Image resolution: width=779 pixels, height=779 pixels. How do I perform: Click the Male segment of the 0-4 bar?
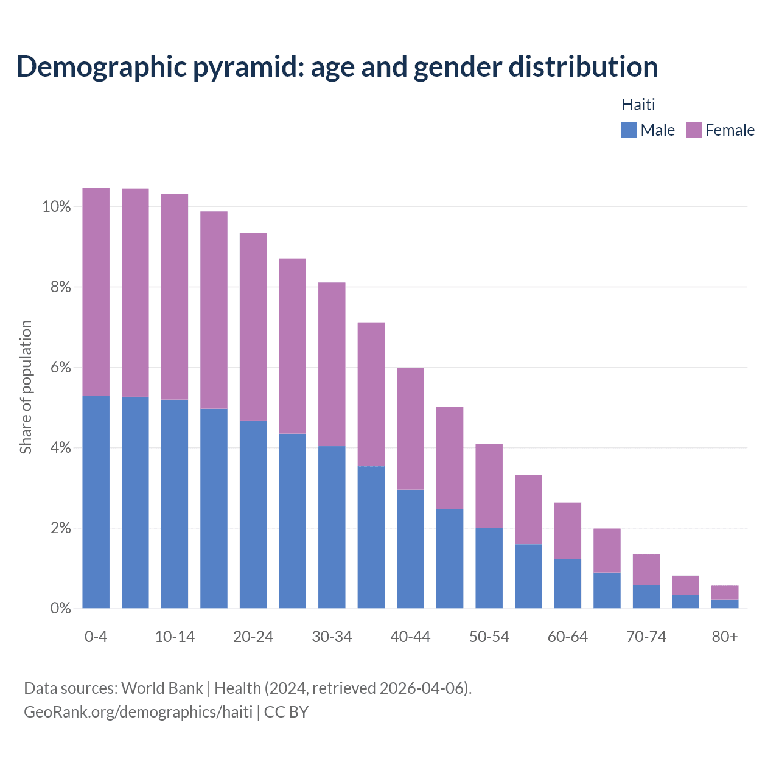[x=96, y=502]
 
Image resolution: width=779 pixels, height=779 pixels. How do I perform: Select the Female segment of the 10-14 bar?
[x=175, y=296]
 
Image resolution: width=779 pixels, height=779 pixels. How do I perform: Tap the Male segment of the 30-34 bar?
[x=332, y=527]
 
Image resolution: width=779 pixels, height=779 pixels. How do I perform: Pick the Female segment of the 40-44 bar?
[x=410, y=429]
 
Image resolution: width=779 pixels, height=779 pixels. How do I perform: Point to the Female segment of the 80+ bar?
[x=725, y=593]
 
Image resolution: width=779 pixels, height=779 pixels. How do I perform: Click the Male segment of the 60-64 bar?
[x=568, y=583]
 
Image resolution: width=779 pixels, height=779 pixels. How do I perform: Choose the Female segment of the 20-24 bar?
[x=253, y=327]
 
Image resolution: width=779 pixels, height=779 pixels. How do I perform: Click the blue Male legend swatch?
[x=629, y=130]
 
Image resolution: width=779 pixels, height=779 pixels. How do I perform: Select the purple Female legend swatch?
[x=694, y=130]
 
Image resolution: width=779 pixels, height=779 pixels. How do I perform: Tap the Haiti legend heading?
[x=638, y=105]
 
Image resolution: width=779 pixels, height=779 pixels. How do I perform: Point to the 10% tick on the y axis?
[x=57, y=207]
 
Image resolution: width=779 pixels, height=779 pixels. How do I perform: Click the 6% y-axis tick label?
[x=60, y=368]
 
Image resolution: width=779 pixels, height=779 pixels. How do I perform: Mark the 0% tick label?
[x=60, y=608]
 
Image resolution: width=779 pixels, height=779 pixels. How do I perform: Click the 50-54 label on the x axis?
[x=489, y=637]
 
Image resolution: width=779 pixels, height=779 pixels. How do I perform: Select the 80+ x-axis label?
[x=725, y=637]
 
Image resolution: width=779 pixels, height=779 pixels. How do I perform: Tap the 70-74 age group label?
[x=646, y=637]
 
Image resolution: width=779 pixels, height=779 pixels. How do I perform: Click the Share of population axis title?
[x=26, y=387]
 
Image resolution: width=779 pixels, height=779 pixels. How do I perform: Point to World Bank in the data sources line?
[x=162, y=688]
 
